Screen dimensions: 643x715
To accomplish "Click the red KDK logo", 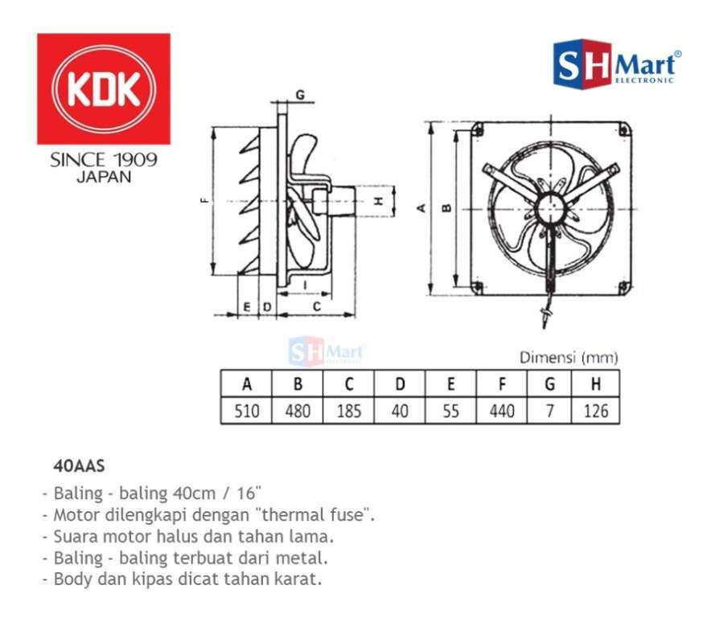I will [103, 88].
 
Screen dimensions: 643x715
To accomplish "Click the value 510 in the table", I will [246, 412].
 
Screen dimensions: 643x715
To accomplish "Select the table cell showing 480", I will [298, 412].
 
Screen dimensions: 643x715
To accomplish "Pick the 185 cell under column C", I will [348, 412].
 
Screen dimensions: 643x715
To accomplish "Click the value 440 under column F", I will [502, 412].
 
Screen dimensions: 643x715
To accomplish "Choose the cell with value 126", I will [595, 412].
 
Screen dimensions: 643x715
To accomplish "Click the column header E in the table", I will [450, 384].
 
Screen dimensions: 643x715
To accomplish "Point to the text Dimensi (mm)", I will [569, 358].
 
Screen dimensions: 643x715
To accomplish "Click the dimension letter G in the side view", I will [299, 95].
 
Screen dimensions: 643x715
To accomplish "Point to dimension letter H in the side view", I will [377, 201].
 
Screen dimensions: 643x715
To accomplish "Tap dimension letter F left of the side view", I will [204, 201].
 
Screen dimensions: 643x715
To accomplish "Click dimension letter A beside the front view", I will [420, 207].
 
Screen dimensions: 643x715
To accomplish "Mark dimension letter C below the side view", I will [317, 307].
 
